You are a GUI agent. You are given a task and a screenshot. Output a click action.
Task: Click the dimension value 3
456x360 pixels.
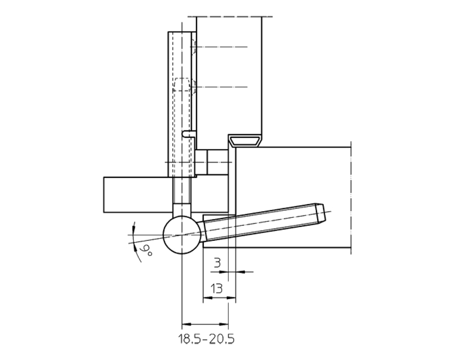217,263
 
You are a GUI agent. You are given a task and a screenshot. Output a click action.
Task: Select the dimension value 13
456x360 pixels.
217,289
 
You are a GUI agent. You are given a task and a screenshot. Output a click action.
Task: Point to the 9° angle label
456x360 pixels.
147,250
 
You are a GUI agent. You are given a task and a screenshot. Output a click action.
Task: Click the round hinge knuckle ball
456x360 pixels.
182,235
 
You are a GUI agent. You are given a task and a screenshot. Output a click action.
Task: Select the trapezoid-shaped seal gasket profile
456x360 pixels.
246,141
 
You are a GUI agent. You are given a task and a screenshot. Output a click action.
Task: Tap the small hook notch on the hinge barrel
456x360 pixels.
188,134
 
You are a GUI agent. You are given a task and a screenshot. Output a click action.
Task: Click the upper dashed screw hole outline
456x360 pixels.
193,47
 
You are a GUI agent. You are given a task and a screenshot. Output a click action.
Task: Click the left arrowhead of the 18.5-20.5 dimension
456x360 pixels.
185,323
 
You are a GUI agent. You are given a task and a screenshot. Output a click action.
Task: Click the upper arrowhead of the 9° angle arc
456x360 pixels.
133,225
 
